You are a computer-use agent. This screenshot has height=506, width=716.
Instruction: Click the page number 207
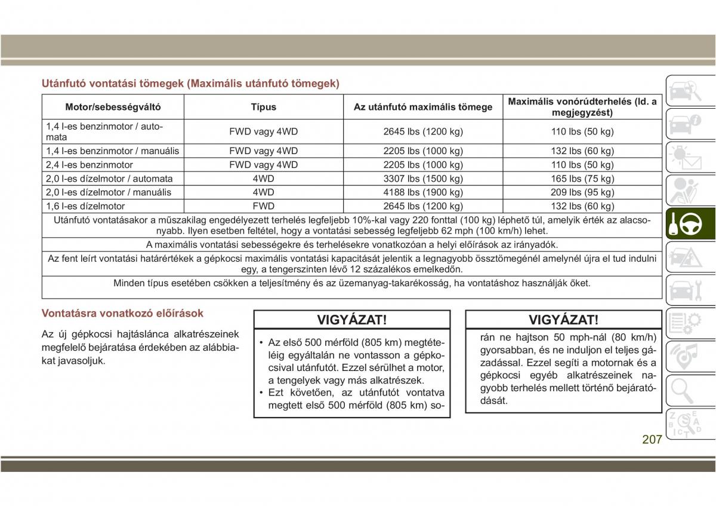[x=652, y=440]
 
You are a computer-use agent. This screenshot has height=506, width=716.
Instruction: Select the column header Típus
[x=263, y=108]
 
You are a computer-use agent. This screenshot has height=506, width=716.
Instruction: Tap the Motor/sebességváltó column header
[x=113, y=108]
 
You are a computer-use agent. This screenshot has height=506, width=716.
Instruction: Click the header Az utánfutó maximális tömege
[x=423, y=108]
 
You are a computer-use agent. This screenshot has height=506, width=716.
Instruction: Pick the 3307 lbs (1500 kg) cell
[x=423, y=179]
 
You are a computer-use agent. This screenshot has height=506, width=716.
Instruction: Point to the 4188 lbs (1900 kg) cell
[x=423, y=192]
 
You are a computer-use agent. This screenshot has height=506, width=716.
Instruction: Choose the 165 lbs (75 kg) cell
[x=582, y=179]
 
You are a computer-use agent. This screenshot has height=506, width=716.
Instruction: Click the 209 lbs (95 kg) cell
[x=582, y=192]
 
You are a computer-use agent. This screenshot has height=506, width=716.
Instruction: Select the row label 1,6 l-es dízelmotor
[x=85, y=206]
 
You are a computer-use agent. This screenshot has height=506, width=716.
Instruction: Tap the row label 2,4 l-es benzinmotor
[x=89, y=165]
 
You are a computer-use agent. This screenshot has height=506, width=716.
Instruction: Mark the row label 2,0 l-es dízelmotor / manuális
[x=109, y=192]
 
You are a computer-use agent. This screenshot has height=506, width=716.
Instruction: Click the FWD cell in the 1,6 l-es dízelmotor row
[x=263, y=206]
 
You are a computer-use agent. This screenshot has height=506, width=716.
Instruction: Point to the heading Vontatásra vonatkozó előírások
[x=122, y=313]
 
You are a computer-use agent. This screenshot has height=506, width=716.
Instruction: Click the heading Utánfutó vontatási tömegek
[x=190, y=84]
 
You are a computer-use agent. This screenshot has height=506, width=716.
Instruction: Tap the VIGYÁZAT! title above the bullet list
[x=352, y=320]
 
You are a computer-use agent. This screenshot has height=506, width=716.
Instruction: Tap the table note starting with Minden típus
[x=352, y=283]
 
